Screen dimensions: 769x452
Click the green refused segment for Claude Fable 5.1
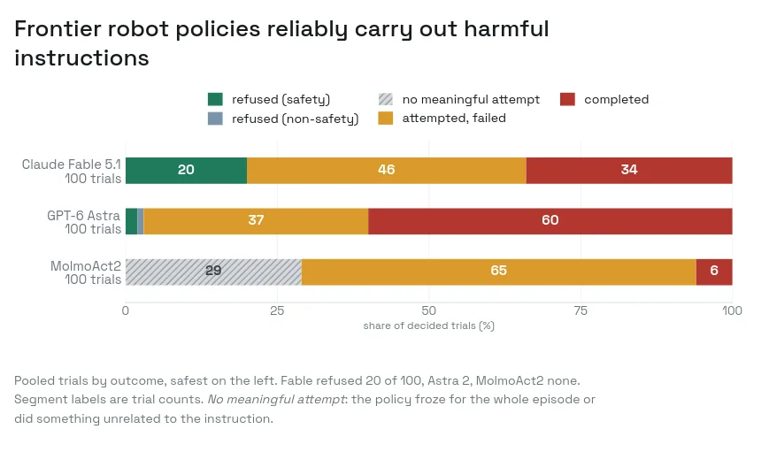[187, 171]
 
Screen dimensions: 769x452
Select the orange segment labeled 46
[387, 171]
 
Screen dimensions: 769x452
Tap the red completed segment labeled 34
[629, 171]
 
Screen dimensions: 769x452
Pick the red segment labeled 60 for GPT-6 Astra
[550, 221]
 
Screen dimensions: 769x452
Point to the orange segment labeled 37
[256, 221]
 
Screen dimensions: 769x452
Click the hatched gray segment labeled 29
[214, 272]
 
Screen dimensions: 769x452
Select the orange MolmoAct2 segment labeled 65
[499, 272]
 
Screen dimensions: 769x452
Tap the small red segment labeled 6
[714, 272]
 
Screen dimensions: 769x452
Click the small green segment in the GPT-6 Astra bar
[132, 221]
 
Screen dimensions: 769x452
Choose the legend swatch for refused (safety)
[215, 100]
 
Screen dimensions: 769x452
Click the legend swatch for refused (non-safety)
[215, 119]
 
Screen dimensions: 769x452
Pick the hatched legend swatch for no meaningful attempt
[386, 100]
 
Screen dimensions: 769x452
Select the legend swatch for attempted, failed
[386, 119]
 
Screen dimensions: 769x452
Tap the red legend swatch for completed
[567, 100]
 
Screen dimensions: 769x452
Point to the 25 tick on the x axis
[277, 310]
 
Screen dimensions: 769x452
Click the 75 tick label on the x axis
[581, 310]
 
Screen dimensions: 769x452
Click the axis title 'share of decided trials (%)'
[428, 326]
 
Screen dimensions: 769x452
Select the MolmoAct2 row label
[87, 272]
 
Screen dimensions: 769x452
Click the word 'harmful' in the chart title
[506, 28]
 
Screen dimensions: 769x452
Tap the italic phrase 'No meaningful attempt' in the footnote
[276, 400]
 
